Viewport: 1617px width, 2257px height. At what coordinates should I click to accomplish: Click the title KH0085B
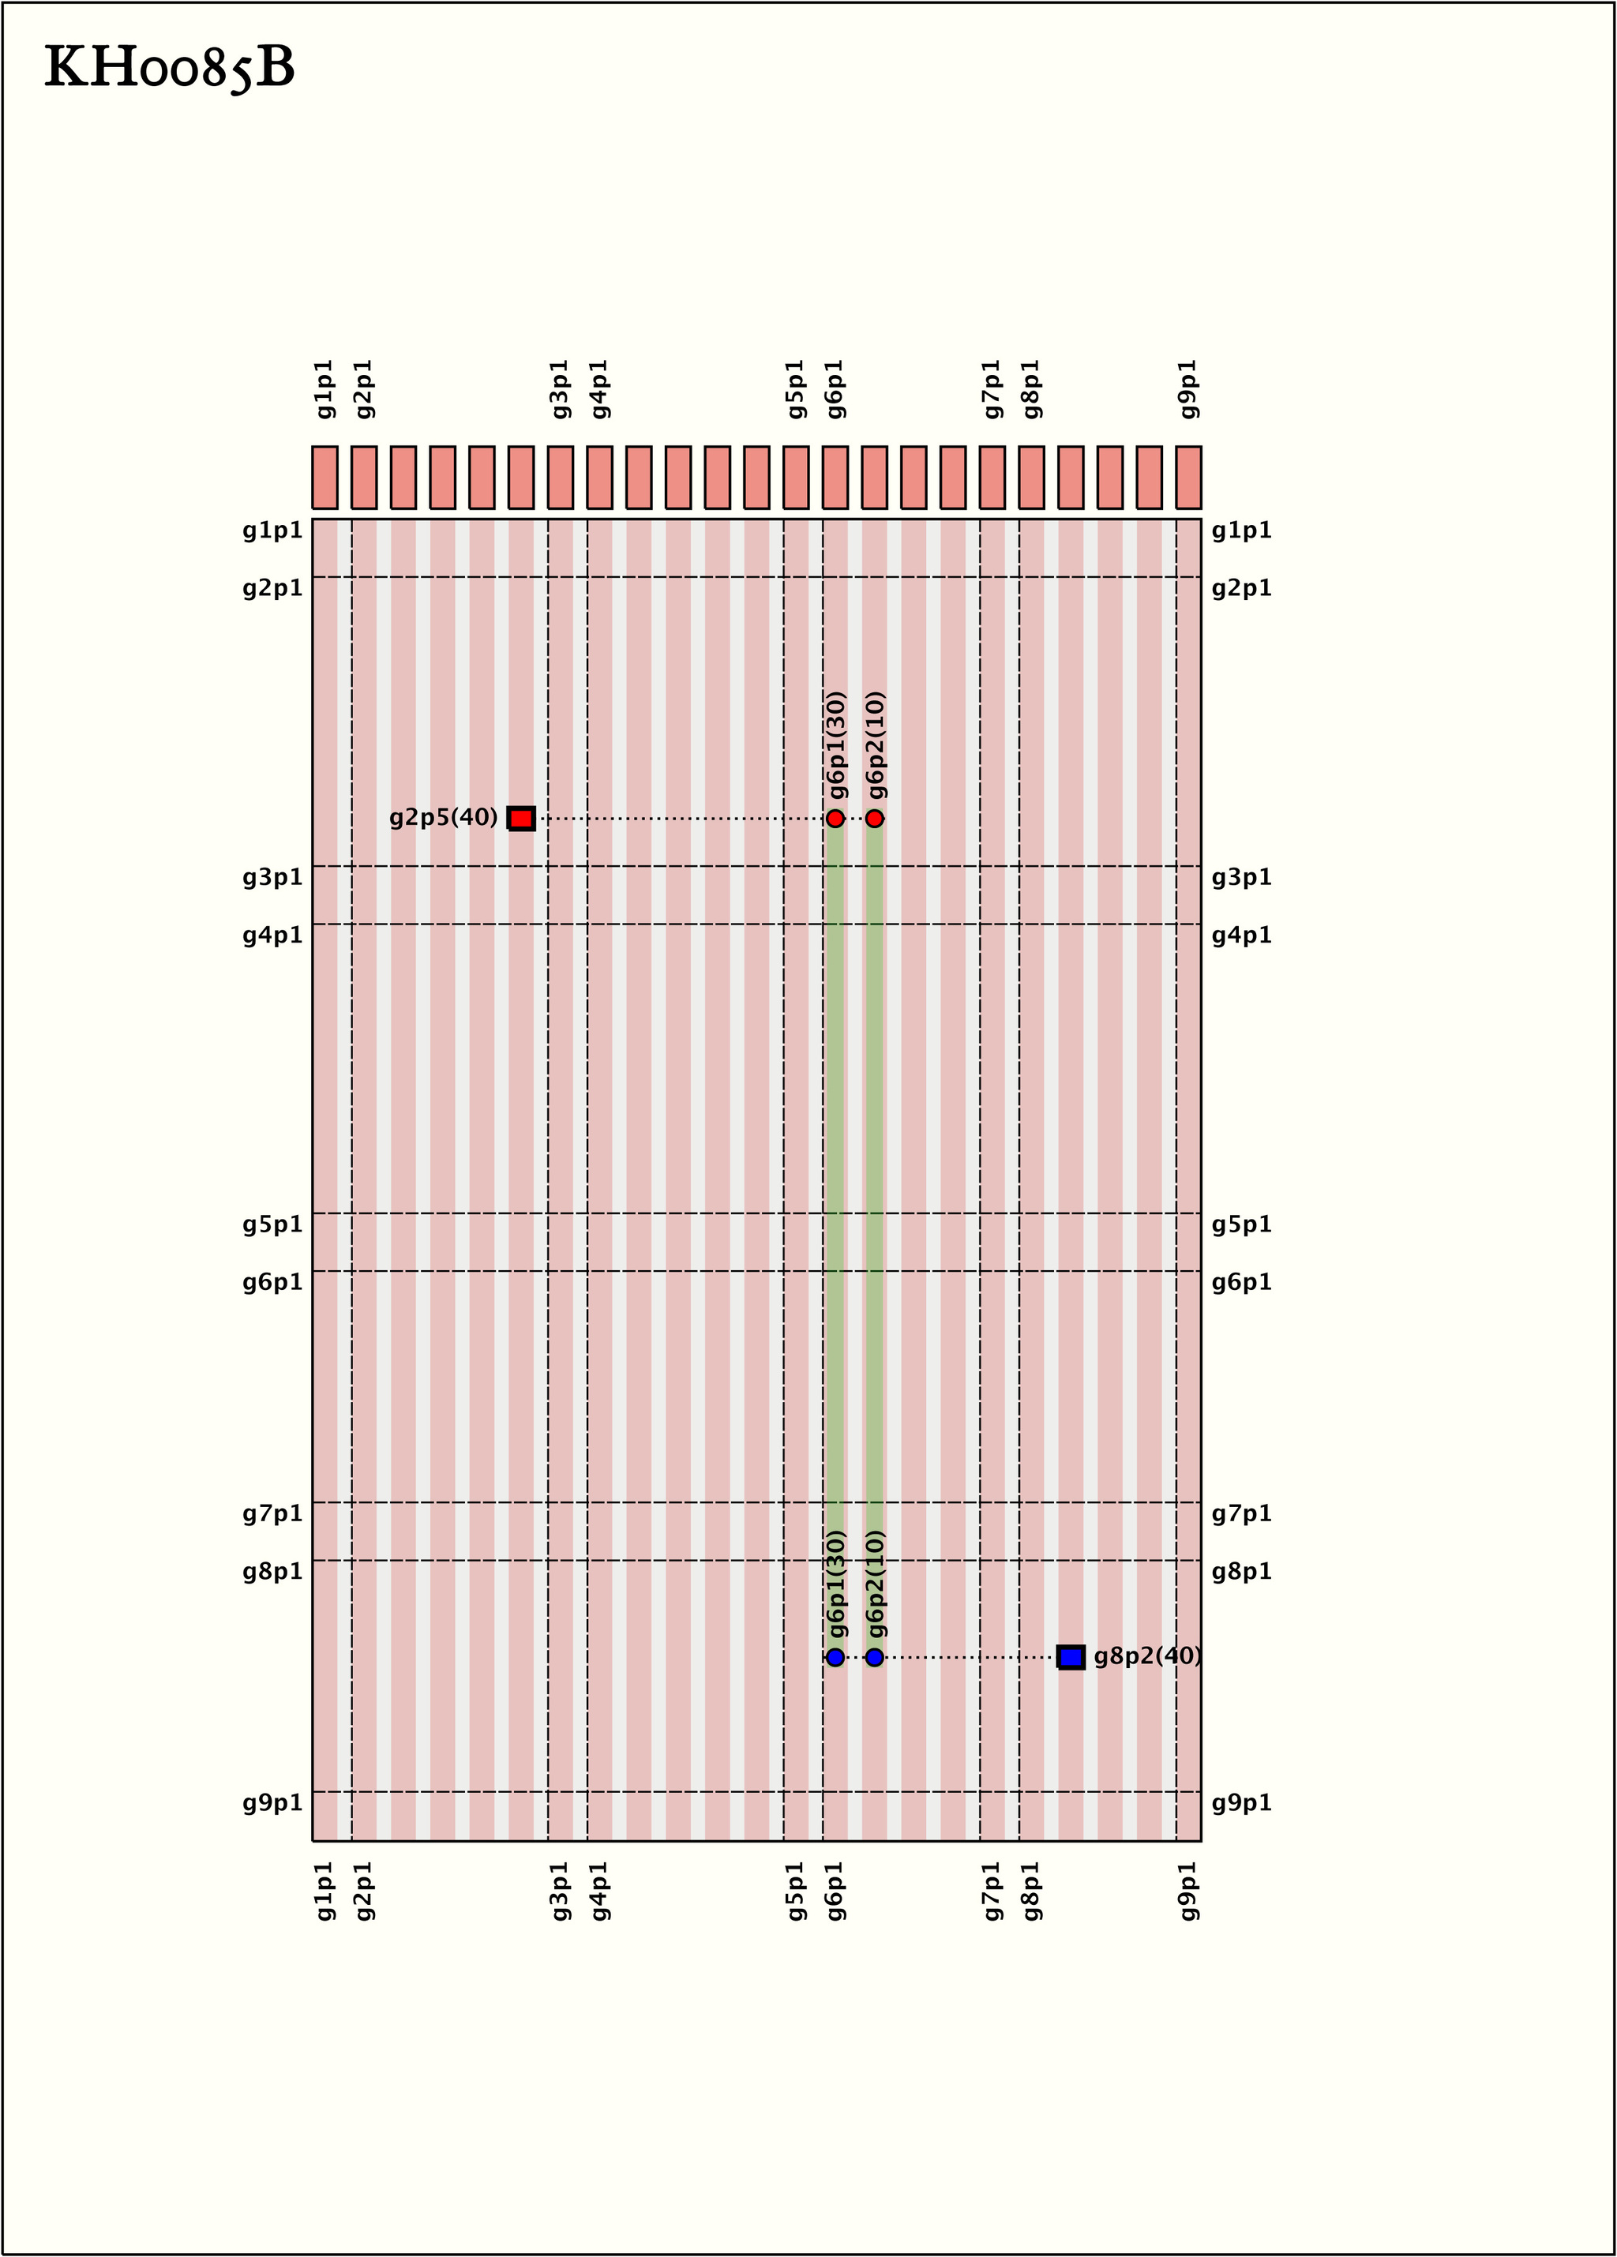coord(171,69)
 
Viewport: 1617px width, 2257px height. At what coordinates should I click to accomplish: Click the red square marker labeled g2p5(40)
coord(521,818)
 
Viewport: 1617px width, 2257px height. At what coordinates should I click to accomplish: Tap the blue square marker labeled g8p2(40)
coord(1071,1657)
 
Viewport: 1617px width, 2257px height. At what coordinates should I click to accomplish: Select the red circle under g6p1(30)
coord(835,818)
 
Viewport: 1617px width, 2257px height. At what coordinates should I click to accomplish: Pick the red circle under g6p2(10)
coord(875,818)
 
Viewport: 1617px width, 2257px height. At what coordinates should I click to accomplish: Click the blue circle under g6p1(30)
coord(835,1657)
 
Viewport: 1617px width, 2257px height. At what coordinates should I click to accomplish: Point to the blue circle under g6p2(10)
coord(875,1657)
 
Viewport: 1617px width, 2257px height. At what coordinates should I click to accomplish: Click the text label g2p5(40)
coord(443,818)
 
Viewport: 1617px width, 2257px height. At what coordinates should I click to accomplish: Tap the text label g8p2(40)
coord(1147,1657)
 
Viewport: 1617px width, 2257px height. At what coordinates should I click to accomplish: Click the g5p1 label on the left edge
coord(272,1225)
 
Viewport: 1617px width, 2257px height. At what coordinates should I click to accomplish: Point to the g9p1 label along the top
coord(1188,389)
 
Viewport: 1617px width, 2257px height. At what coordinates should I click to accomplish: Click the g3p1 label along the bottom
coord(561,1891)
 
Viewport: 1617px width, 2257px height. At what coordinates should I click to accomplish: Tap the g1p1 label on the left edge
coord(272,531)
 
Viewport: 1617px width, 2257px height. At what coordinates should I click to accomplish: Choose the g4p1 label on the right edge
coord(1242,935)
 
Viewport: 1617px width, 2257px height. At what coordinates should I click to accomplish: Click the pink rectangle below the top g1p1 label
coord(325,478)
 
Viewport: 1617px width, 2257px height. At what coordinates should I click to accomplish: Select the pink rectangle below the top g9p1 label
coord(1188,478)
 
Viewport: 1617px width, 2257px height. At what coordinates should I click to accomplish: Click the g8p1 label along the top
coord(1031,389)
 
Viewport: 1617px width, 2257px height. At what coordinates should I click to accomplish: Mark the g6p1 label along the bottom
coord(835,1891)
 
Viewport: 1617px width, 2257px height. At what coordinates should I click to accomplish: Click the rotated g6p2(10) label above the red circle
coord(876,745)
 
